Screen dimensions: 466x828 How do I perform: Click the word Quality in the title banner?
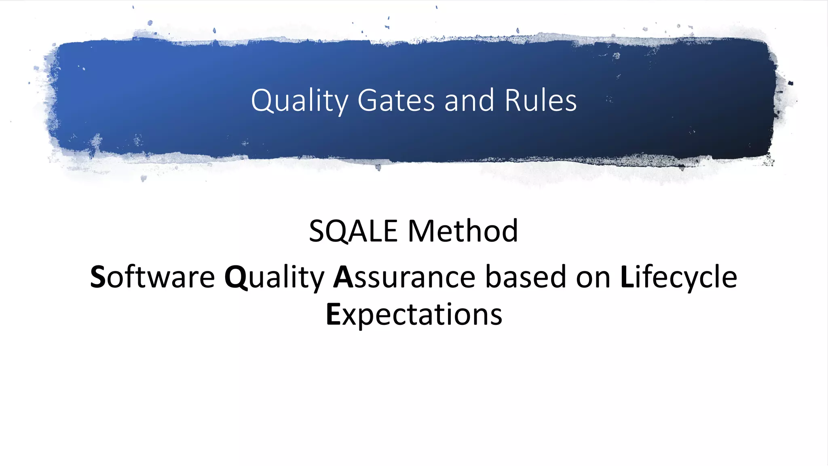[x=299, y=101]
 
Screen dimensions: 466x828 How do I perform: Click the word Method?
[x=463, y=231]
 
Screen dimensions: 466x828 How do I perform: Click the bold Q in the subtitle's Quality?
[x=236, y=278]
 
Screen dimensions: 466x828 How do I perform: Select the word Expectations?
[x=414, y=315]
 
